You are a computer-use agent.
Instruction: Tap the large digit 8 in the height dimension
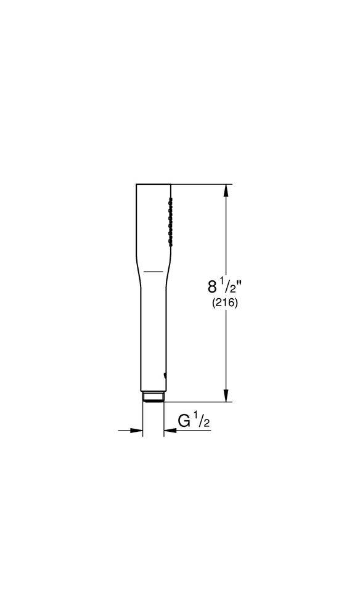coord(213,287)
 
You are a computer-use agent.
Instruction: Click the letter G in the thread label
coord(184,421)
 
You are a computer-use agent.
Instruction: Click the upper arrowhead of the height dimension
coord(227,190)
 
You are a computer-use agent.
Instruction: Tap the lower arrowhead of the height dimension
coord(227,397)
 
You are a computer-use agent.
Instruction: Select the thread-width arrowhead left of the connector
coord(138,431)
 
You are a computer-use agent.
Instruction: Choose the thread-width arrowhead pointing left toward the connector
coord(168,431)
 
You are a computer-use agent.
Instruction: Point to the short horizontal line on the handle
coord(154,272)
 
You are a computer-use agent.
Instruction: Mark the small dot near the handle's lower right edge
coord(164,373)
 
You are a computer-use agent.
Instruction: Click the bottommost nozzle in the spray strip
coord(171,244)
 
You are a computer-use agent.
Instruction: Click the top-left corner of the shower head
coord(136,184)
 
